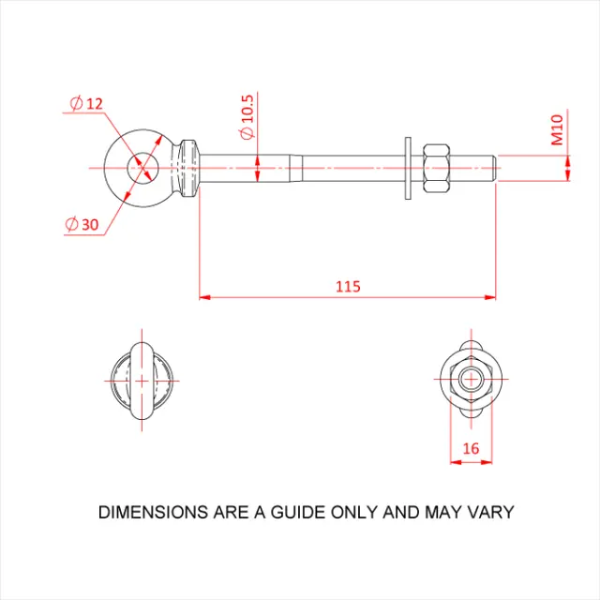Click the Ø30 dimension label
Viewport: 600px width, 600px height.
(83, 224)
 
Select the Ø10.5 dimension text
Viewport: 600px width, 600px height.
(247, 116)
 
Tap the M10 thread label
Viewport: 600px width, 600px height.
(557, 129)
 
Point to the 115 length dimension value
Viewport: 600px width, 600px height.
(348, 286)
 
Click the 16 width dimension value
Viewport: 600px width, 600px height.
(471, 449)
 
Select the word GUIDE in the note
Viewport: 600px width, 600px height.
(300, 513)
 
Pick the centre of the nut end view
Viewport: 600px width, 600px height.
(471, 379)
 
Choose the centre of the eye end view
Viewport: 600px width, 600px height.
(142, 380)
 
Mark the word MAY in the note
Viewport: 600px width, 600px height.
(445, 513)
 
